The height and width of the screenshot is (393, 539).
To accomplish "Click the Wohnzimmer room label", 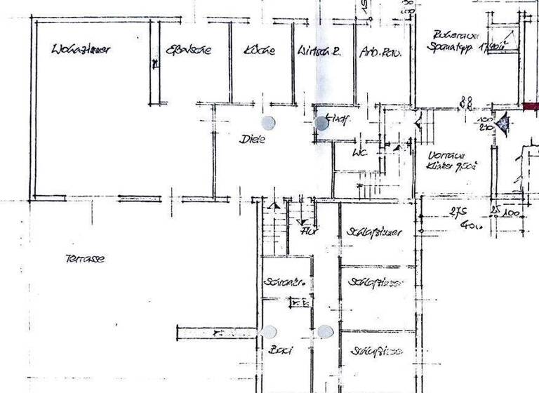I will pos(83,50).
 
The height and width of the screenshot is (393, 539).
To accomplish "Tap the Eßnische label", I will pos(187,51).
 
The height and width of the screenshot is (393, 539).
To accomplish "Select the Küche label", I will pos(260,51).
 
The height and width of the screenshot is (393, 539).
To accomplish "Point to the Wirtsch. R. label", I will pos(319,51).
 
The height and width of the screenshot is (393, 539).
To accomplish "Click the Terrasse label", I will pos(85,258).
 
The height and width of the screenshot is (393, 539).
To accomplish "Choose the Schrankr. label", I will pos(284,282).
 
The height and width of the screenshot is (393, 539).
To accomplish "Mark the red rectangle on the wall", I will pos(531,107).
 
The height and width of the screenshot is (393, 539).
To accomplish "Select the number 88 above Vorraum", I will pos(465,103).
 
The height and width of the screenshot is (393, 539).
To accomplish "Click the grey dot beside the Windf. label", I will pos(322,124).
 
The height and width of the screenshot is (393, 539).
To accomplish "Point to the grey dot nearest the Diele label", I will pos(269,122).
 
